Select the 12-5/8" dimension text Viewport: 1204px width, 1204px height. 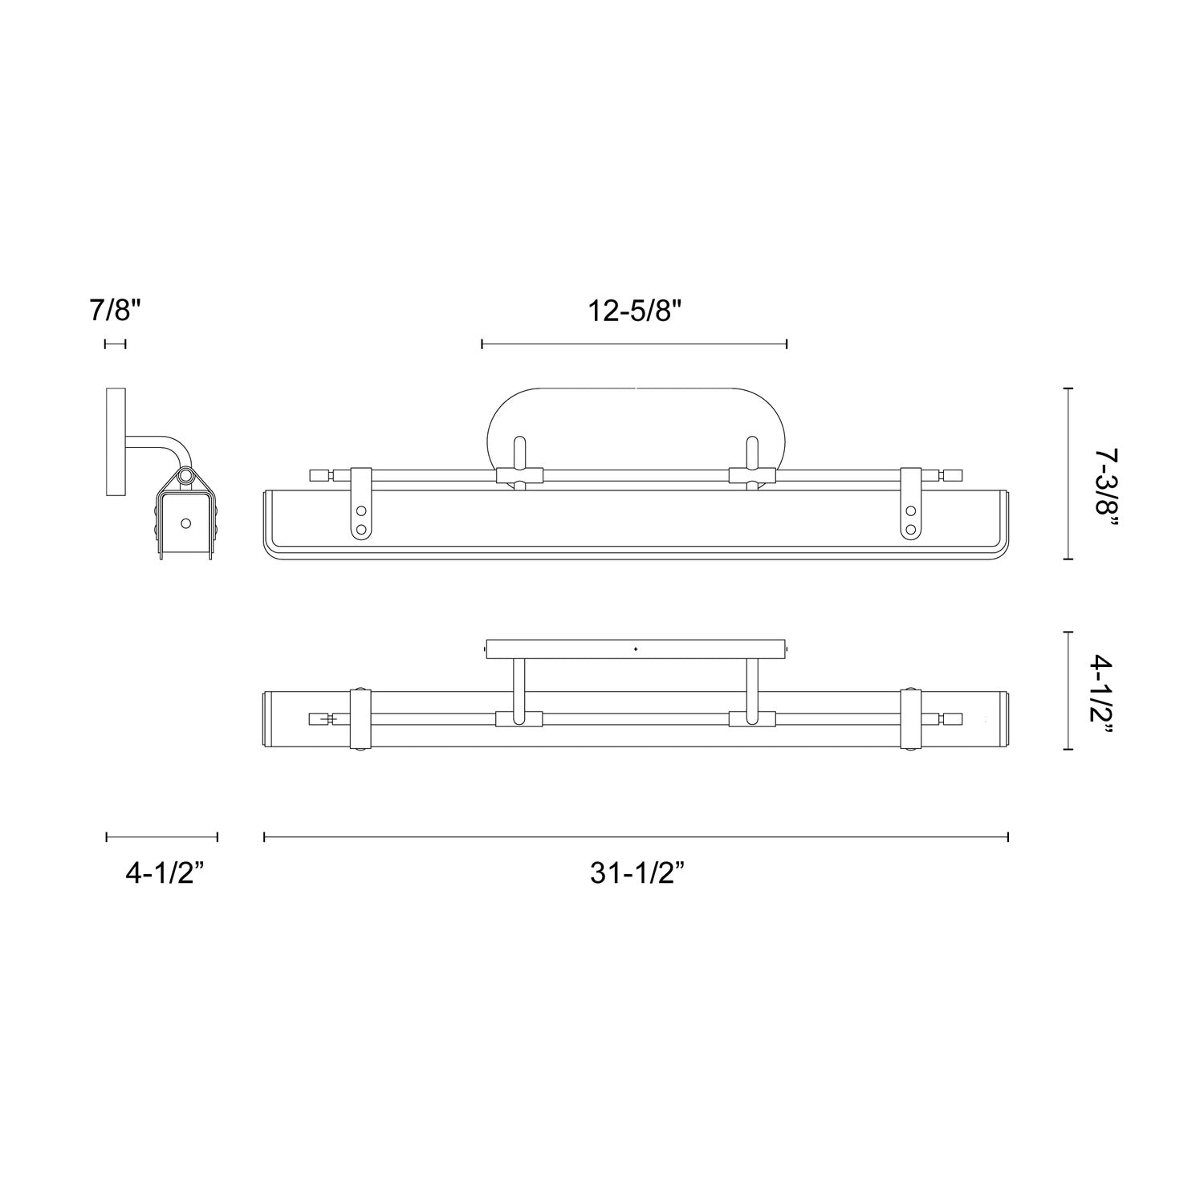(634, 311)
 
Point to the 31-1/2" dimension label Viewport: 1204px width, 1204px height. (637, 873)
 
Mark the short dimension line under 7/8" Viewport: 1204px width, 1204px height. (116, 344)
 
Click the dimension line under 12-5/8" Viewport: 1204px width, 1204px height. (634, 344)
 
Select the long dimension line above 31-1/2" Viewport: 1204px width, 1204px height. (636, 837)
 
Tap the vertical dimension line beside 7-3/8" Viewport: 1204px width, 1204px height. (1068, 474)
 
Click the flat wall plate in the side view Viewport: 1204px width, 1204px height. (116, 441)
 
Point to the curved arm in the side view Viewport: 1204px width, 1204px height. (165, 445)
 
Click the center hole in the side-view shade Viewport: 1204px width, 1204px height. (186, 523)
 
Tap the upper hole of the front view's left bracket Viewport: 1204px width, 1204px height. (360, 510)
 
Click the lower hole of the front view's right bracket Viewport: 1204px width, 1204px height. (911, 529)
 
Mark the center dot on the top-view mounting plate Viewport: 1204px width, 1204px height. (636, 648)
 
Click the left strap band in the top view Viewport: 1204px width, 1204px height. (360, 718)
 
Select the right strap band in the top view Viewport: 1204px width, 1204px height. (911, 718)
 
